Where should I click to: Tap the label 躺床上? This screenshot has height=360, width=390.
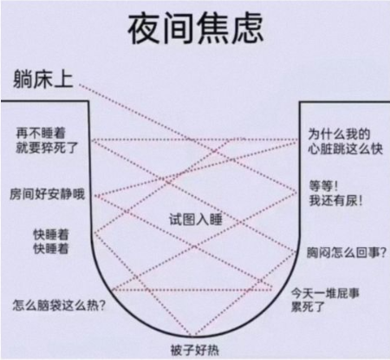coord(43,79)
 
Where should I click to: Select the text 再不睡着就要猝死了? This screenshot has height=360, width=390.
coord(47,141)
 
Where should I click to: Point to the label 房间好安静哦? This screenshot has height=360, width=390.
coord(48,194)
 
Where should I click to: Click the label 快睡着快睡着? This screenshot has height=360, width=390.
coord(51,241)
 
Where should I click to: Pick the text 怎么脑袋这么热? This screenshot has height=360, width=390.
coord(59,305)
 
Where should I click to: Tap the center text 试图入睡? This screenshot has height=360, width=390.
coord(196,219)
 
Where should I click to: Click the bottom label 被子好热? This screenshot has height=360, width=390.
coord(195,350)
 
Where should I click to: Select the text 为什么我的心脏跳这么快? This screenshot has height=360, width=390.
coord(345,141)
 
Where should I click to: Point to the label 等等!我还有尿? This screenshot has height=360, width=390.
coord(335,193)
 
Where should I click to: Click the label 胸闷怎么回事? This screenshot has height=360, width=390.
coord(346,252)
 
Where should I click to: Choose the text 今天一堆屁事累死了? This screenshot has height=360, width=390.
coord(325,300)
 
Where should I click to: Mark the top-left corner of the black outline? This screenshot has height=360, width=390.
coord(88,101)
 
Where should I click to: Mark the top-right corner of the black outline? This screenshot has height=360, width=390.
coord(300,102)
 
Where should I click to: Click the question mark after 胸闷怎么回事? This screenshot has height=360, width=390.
coord(383,252)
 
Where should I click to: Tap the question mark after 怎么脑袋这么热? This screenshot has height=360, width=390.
coord(102,305)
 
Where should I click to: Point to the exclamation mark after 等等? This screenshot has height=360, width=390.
coord(335,186)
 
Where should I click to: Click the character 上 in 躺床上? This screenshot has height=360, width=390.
coord(64,79)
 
